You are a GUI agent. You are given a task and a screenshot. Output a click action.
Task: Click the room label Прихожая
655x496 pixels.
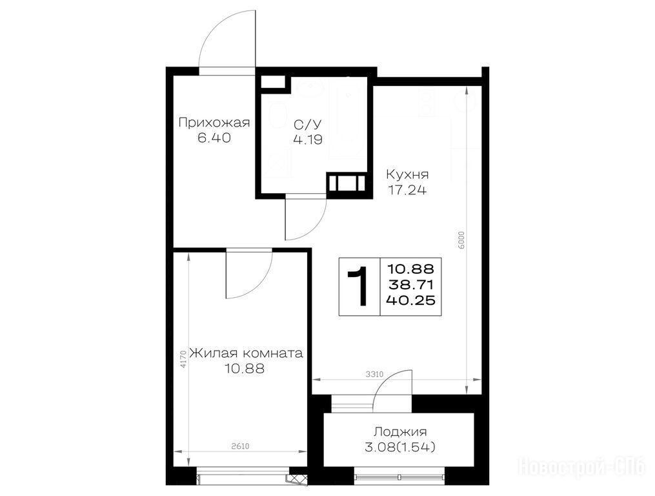tap(214, 123)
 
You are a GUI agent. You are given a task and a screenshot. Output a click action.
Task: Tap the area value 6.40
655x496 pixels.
tap(214, 138)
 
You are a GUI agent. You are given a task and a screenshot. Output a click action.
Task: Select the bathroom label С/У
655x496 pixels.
tap(308, 125)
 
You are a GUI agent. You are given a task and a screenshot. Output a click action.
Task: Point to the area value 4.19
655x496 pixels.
tap(308, 139)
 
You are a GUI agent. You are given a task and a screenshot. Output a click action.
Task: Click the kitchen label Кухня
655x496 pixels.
tap(407, 174)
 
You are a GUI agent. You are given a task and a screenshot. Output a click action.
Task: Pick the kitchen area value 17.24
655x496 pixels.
tap(407, 191)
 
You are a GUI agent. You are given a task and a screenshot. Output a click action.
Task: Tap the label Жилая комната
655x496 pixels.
tap(246, 353)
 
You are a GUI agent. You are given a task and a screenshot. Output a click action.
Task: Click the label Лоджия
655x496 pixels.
tap(400, 431)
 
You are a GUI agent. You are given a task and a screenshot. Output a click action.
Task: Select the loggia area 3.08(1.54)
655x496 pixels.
tap(400, 448)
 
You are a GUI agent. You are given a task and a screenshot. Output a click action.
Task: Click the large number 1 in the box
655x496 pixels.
tap(359, 287)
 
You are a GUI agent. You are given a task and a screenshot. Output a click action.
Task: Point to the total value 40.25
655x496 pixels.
tap(410, 300)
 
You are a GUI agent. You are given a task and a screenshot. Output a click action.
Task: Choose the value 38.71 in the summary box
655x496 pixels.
tap(410, 285)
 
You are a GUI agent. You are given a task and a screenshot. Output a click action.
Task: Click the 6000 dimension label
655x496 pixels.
tap(461, 240)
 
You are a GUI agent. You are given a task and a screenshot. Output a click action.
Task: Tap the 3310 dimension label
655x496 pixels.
tap(374, 375)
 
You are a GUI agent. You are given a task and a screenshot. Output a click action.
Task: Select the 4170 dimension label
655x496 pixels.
tap(183, 359)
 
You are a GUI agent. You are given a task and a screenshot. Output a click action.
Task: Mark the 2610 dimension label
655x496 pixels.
tap(240, 447)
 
